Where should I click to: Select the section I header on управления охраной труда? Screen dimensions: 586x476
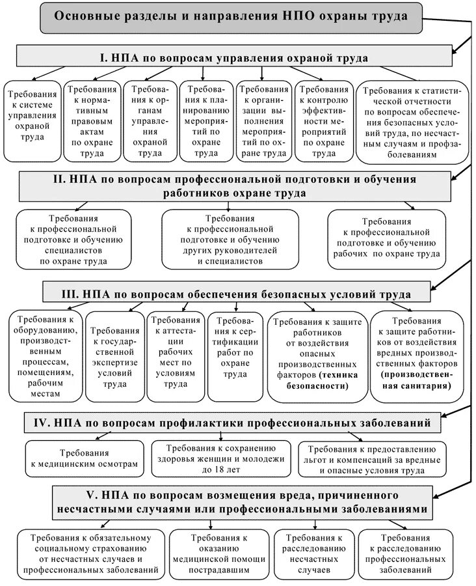click(234, 58)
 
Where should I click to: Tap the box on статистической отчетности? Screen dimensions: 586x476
click(412, 122)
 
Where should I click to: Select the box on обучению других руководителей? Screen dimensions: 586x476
click(233, 238)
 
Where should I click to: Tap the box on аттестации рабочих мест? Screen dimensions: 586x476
click(173, 352)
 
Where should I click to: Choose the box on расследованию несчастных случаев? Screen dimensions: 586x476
click(313, 554)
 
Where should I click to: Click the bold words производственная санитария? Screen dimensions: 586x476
click(414, 380)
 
